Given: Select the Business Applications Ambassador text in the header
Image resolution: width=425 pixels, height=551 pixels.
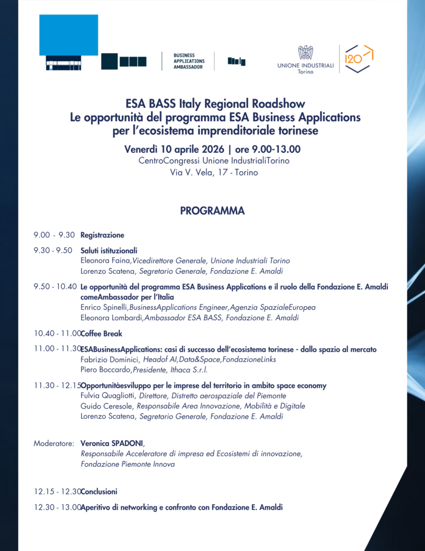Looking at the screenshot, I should pyautogui.click(x=188, y=61).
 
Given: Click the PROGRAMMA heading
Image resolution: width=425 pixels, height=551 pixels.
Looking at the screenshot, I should pyautogui.click(x=212, y=211).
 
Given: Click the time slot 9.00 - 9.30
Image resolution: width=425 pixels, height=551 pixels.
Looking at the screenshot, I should pyautogui.click(x=54, y=235).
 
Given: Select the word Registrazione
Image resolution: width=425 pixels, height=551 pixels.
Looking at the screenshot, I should pyautogui.click(x=102, y=235).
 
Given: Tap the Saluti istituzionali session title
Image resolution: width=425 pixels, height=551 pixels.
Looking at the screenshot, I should pyautogui.click(x=109, y=250).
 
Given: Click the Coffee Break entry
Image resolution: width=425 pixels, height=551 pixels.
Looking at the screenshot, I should pyautogui.click(x=101, y=334).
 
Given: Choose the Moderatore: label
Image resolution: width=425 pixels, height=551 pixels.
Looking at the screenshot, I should pyautogui.click(x=54, y=444).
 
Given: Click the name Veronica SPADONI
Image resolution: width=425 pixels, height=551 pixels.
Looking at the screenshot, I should pyautogui.click(x=112, y=444).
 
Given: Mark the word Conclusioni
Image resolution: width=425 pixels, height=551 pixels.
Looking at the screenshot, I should pyautogui.click(x=99, y=491).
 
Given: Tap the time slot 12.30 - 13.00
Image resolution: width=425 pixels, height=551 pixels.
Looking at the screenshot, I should pyautogui.click(x=57, y=507).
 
